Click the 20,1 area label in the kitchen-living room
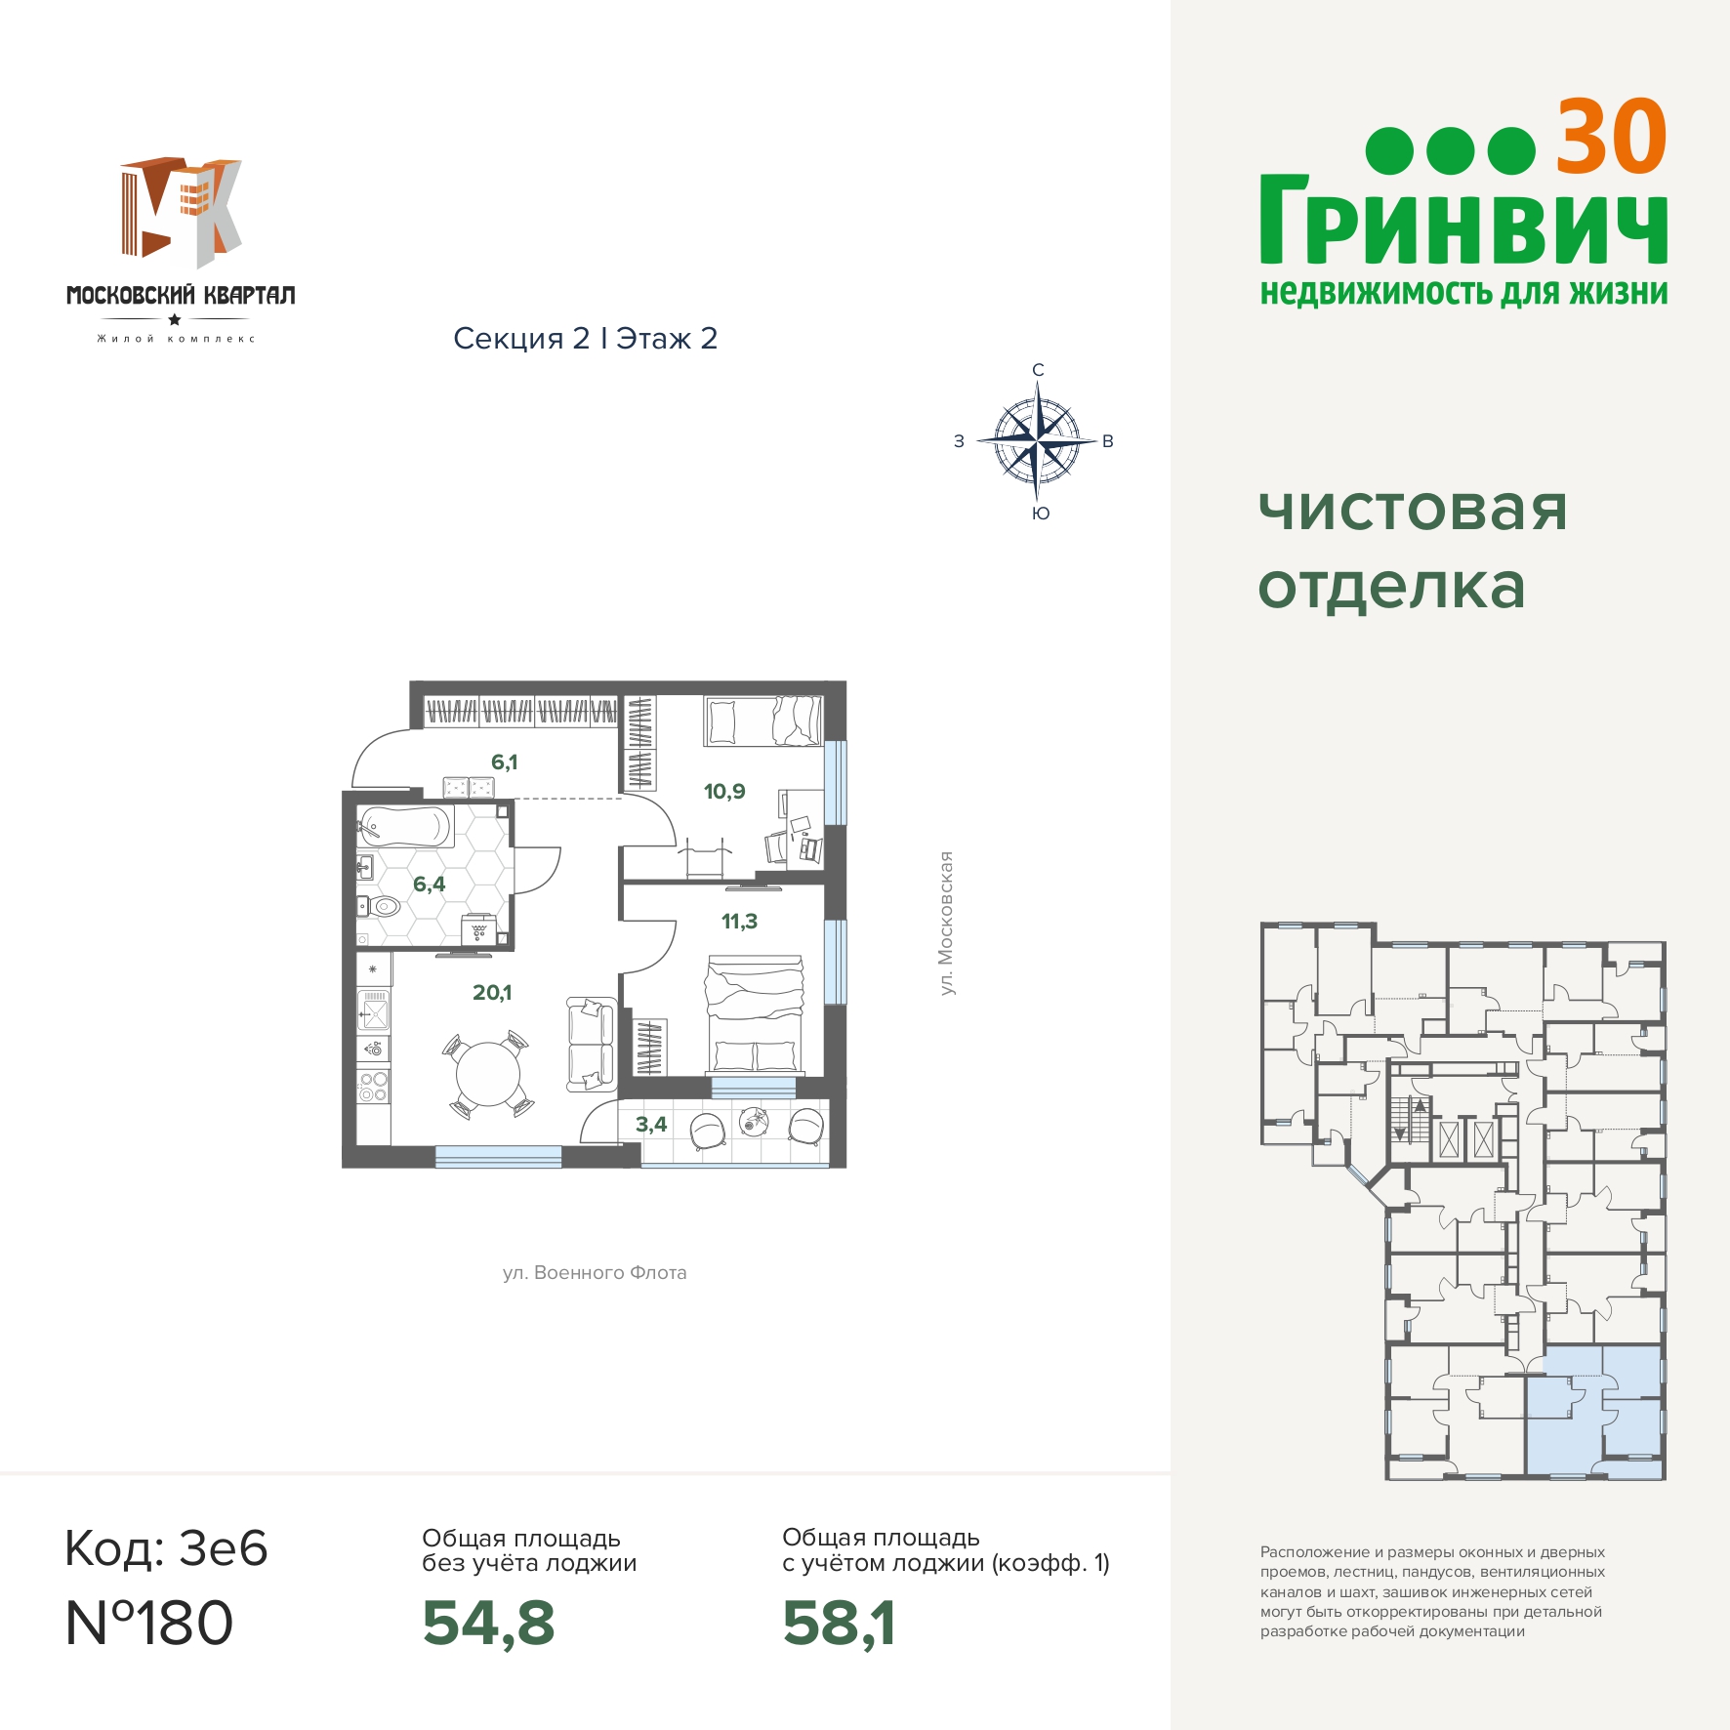pos(492,992)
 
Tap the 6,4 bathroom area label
pos(429,884)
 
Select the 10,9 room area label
pos(724,791)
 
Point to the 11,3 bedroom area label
pos(739,921)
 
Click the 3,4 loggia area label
pos(651,1124)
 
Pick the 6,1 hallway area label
pos(504,762)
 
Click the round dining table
pos(488,1074)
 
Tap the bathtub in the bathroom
pos(405,826)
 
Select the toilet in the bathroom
pos(382,906)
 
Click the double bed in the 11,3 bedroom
pos(756,1015)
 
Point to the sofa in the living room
pos(592,1044)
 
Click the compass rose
pos(1037,441)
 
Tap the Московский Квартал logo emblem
pos(181,212)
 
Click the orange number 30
pos(1611,138)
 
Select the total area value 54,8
pos(488,1623)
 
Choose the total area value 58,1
pos(839,1623)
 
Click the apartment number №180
pos(149,1623)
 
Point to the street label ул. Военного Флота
pos(595,1272)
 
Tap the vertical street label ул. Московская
pos(945,924)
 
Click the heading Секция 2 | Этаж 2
pos(586,338)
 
